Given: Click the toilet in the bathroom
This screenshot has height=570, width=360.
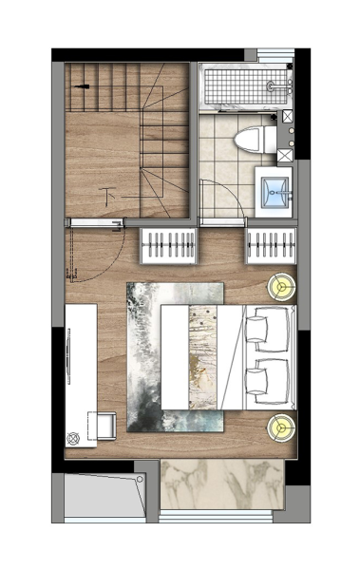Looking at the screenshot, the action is tap(256, 140).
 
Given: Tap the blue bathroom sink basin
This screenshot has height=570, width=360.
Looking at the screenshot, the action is tap(276, 192).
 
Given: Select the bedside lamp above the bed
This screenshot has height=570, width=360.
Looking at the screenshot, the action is tap(281, 287).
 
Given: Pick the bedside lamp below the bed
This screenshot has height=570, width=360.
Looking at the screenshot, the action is tap(281, 428).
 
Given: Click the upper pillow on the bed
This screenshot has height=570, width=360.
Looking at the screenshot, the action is tap(257, 329).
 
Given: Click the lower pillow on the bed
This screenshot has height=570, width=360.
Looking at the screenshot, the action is tap(257, 381).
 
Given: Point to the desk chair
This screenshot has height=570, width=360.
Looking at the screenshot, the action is tap(102, 426).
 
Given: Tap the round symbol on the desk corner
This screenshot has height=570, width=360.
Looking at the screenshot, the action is tap(73, 439).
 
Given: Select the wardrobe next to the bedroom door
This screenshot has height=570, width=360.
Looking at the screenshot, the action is tap(168, 246).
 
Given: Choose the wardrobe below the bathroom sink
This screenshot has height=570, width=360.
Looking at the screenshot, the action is tap(271, 246).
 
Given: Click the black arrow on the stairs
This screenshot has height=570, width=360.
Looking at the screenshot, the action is tap(83, 86).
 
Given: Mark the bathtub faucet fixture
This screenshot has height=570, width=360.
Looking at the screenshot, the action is tap(279, 86).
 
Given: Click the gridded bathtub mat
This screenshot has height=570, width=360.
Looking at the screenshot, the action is tap(245, 86).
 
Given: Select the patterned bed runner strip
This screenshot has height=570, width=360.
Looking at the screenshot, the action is tap(203, 357).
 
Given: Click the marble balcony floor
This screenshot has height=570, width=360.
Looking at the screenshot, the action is tap(222, 484).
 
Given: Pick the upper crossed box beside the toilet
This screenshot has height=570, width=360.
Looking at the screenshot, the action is tap(287, 116).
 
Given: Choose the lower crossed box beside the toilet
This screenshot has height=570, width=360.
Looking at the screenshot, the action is tap(285, 155).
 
